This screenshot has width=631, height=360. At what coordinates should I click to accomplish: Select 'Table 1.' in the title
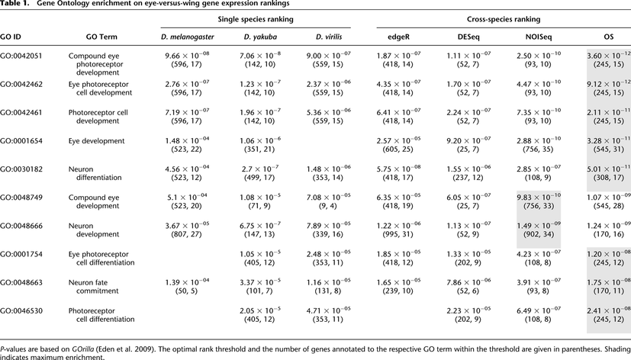pos(17,5)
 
